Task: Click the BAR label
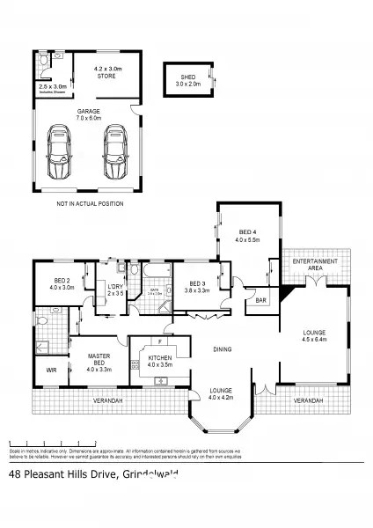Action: (x=260, y=300)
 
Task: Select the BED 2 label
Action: (x=56, y=283)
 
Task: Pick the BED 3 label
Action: (x=197, y=285)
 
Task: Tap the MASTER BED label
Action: (x=99, y=360)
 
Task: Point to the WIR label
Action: (x=51, y=370)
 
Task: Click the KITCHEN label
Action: (x=159, y=359)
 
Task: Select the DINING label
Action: (x=223, y=349)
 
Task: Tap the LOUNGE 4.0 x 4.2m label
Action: (x=221, y=394)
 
